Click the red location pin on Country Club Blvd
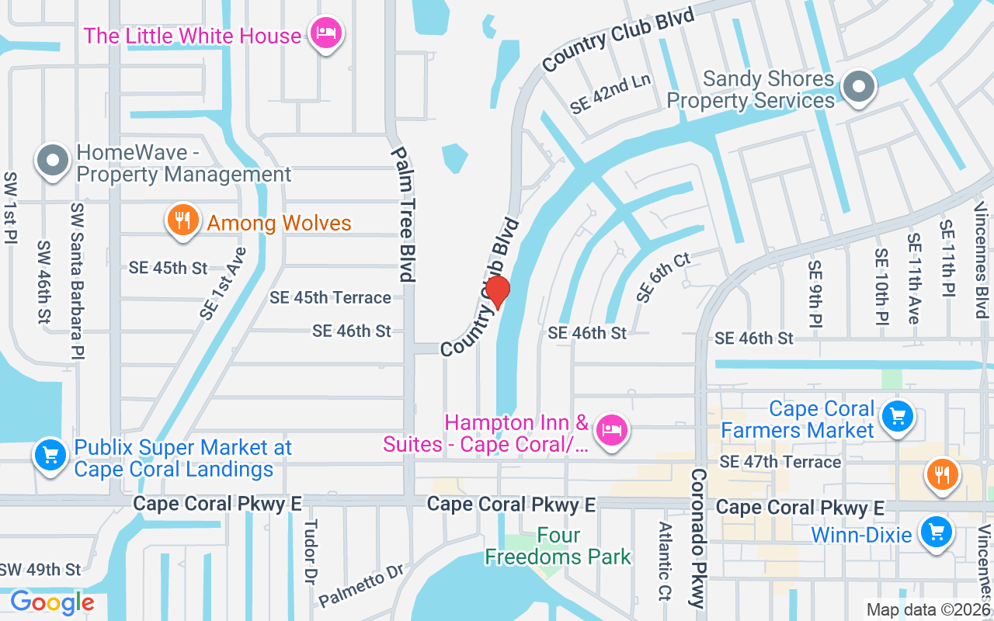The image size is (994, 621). (x=497, y=293)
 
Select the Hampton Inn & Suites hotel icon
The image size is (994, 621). (x=612, y=428)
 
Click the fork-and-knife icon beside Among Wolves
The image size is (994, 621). (x=182, y=220)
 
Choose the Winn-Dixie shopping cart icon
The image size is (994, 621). (x=937, y=533)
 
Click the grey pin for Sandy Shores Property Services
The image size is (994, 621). (x=858, y=86)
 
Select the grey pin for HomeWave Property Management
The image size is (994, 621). (x=54, y=161)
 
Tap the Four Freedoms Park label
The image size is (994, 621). (x=558, y=546)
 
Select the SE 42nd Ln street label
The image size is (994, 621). (x=610, y=95)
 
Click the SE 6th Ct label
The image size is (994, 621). (x=662, y=277)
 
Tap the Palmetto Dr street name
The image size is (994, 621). (x=362, y=585)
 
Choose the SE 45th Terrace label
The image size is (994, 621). (x=330, y=297)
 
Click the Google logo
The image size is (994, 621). (x=52, y=602)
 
